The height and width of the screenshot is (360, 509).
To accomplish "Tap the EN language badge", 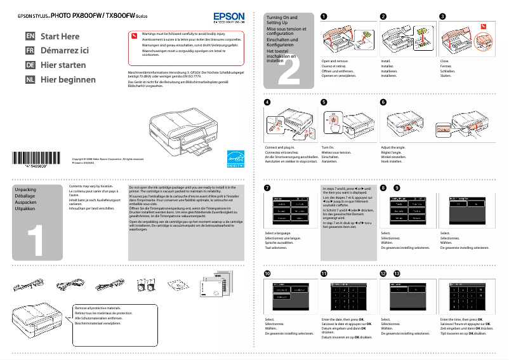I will pos(30,37).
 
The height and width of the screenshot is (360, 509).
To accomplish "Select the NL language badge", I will pos(30,80).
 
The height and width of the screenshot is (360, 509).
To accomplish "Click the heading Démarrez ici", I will pos(65,51).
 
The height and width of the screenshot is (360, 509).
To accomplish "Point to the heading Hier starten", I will pos(63,65).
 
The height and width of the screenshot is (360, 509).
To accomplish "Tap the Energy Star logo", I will pos(235,157).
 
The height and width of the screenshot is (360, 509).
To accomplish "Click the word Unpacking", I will pos(25,190).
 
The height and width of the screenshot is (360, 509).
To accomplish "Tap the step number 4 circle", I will pos(267,102).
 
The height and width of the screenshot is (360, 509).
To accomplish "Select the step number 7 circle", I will pos(267,188).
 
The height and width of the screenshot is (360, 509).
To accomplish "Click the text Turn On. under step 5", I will pos(328,147).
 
